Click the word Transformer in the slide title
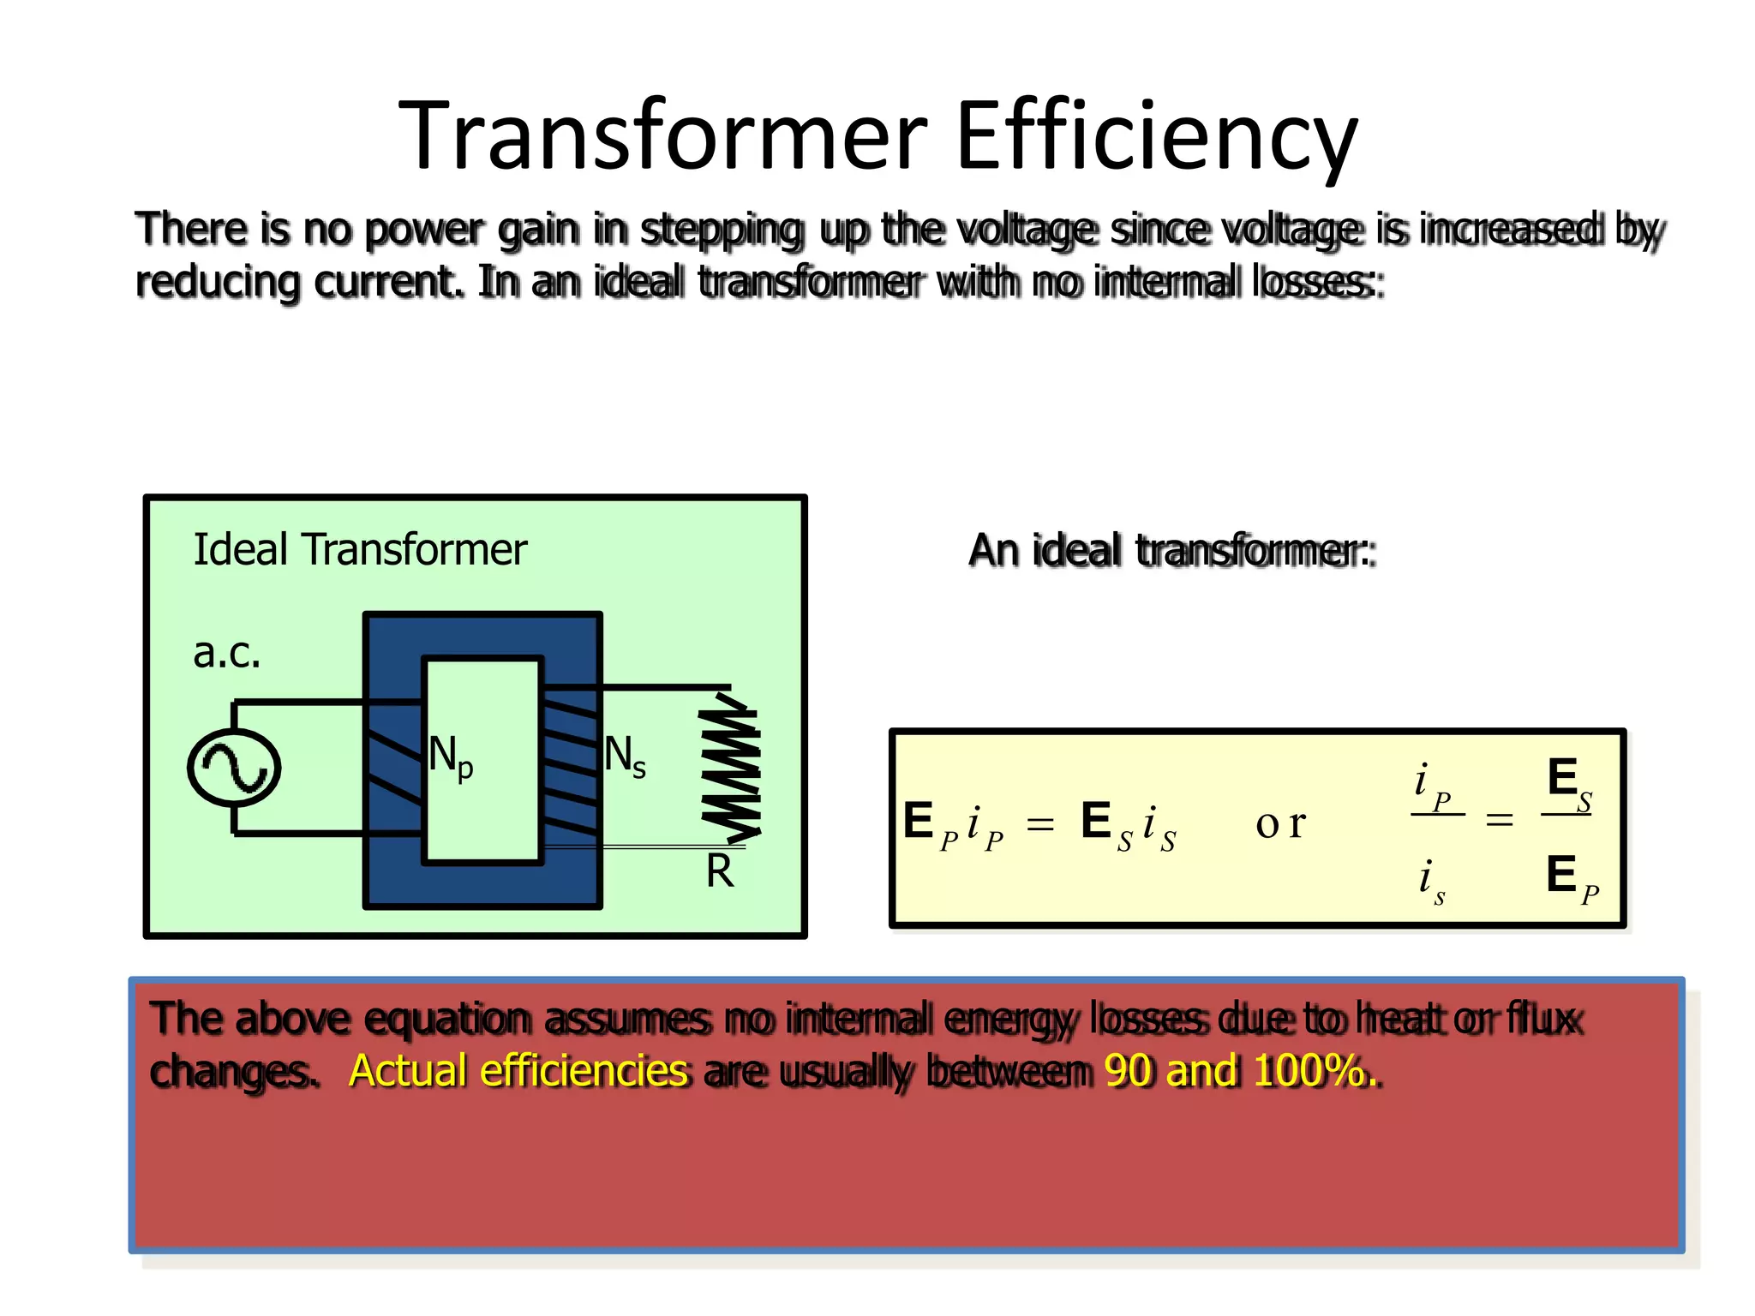point(664,137)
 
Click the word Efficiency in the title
point(1157,137)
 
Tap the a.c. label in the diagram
point(226,654)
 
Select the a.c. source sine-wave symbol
point(234,768)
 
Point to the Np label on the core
point(450,757)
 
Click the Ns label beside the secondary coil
point(625,757)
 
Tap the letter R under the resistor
point(720,872)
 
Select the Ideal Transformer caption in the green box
point(360,550)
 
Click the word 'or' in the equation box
point(1280,823)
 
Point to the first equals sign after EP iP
point(1040,824)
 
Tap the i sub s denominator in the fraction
point(1430,880)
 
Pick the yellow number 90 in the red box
point(1129,1071)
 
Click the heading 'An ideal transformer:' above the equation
point(1171,550)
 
